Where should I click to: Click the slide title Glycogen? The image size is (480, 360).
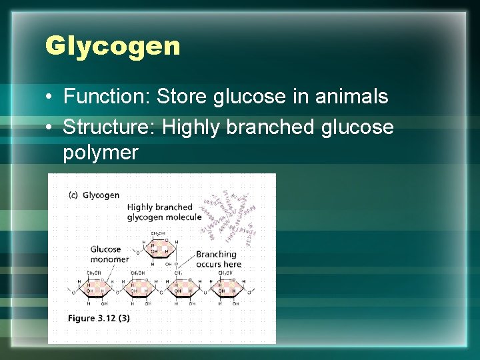click(112, 46)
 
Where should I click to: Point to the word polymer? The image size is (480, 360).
click(101, 153)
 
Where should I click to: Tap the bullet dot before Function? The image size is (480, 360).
click(50, 97)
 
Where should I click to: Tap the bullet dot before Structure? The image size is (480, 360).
click(50, 127)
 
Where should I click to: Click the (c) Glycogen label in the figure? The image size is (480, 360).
click(94, 195)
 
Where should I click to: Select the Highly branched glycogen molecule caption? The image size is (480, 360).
click(163, 212)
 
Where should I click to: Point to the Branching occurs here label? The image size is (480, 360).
click(218, 259)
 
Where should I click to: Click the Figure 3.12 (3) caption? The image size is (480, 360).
click(99, 318)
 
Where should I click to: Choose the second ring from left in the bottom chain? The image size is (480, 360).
click(138, 288)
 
